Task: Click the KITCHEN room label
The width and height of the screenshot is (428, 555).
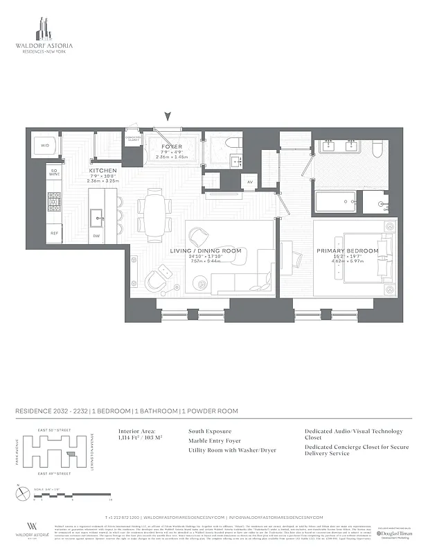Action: [x=102, y=170]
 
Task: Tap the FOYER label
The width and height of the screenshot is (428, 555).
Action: [x=171, y=147]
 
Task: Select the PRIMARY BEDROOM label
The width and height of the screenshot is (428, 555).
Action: [x=348, y=250]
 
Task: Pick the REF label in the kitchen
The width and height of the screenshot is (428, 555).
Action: [x=53, y=234]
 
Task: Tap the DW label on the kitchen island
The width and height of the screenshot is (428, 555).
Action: [x=96, y=235]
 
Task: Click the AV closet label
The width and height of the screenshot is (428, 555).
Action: [x=249, y=182]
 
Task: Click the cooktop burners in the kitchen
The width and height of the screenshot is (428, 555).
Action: [x=54, y=201]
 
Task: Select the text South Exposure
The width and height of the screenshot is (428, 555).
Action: [x=210, y=431]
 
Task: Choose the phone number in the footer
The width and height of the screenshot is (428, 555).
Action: [x=123, y=518]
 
